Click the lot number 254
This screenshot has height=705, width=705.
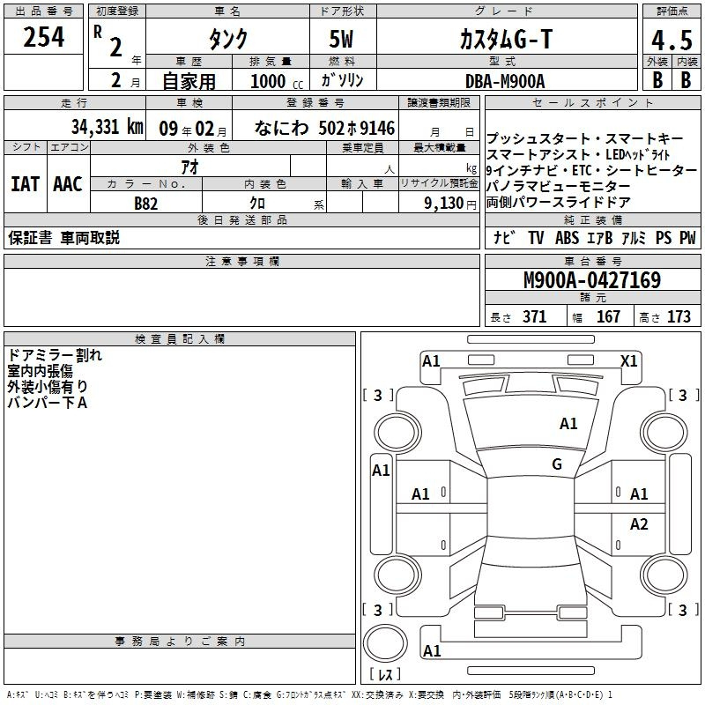coord(43,37)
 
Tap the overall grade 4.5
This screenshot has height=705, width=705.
coord(672,40)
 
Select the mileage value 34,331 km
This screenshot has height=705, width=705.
coord(107,127)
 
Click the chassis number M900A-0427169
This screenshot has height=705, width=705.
coord(592,280)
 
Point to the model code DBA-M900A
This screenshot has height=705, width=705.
coord(505,81)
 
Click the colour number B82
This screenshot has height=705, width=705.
coord(145,204)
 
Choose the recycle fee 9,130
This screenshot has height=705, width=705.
coord(444,204)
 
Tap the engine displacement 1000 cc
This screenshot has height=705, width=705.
coord(277,81)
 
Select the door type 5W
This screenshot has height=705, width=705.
coord(341,39)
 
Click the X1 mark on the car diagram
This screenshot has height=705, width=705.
coord(628,361)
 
